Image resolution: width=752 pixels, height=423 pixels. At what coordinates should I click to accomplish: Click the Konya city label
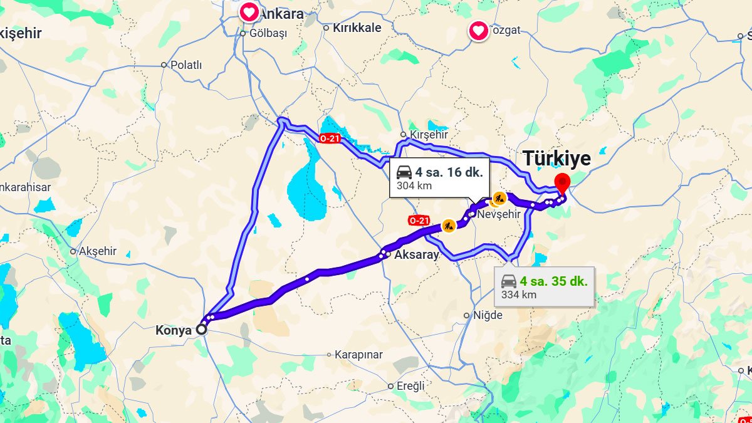tap(173, 330)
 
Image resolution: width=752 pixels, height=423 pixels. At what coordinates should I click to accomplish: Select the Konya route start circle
tap(202, 329)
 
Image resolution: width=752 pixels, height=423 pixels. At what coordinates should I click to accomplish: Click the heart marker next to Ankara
tap(249, 12)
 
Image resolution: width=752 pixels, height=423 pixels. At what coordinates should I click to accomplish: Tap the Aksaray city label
tap(416, 254)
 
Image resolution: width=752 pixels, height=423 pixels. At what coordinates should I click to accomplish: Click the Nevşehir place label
tap(499, 214)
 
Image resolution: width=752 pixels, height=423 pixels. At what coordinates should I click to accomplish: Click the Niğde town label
tap(487, 315)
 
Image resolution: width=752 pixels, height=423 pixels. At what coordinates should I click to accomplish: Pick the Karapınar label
tap(358, 355)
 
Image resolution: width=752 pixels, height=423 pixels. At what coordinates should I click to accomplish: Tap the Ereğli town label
tap(410, 386)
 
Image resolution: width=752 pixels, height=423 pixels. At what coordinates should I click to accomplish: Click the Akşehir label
tap(98, 251)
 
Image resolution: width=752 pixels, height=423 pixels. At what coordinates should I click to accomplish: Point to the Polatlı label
tap(186, 65)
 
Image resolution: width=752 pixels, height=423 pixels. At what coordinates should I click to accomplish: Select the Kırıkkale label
tap(357, 28)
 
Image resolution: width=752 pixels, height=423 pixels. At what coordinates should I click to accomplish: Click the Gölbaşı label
tap(268, 33)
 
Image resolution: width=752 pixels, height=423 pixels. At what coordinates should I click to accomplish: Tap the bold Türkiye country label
tap(556, 159)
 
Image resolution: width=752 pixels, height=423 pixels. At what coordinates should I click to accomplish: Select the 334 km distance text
tap(519, 295)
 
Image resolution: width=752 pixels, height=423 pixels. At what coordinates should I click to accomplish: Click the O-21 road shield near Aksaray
tap(419, 221)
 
